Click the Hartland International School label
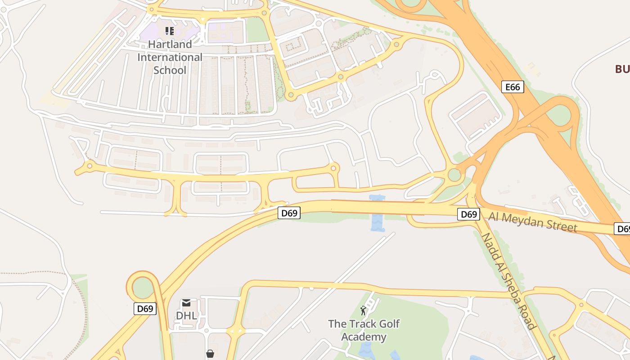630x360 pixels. [170, 57]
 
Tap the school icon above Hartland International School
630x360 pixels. [170, 31]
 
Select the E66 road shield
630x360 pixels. [513, 87]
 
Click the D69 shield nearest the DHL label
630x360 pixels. [145, 309]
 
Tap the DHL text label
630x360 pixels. [186, 315]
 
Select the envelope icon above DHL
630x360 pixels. [186, 303]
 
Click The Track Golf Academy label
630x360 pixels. [364, 330]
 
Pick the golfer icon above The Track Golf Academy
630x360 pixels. [363, 310]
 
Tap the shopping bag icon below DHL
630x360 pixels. [210, 354]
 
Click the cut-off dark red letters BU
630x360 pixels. [622, 69]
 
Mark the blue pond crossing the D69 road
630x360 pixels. [377, 214]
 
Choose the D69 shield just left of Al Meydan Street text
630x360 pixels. [468, 214]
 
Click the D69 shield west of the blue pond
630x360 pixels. [289, 213]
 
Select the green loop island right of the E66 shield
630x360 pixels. [558, 115]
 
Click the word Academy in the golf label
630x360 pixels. [364, 337]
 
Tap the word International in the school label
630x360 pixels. [170, 57]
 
